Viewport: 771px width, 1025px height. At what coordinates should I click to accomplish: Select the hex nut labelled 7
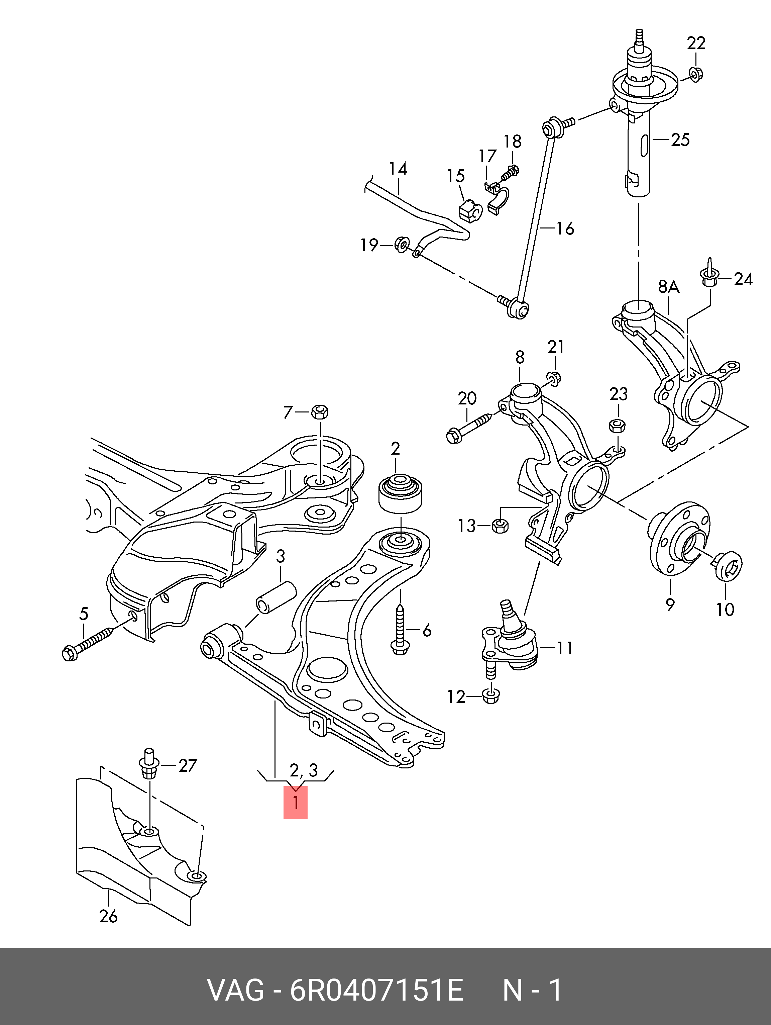320,411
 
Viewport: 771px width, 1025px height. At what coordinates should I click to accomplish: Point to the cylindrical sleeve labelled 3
277,598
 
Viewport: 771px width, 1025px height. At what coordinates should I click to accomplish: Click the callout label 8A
669,287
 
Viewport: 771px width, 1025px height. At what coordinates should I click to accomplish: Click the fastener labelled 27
149,767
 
